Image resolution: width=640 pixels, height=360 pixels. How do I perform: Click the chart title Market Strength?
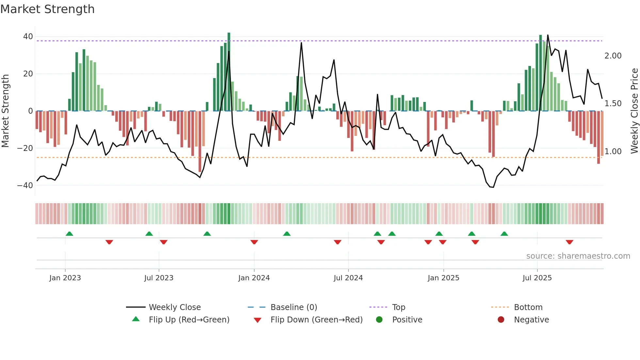47,9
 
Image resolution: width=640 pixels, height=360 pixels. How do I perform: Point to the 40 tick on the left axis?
28,37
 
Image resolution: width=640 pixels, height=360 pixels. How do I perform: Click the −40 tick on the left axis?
25,186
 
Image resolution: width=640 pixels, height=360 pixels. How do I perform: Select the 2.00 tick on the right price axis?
613,56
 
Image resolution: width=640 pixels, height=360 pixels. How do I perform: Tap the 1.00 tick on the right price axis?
613,152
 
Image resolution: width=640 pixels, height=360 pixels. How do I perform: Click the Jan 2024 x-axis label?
254,278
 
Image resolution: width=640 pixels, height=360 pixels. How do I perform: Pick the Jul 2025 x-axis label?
537,278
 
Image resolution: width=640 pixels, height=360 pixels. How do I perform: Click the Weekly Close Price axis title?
634,111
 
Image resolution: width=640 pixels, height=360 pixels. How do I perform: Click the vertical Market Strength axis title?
6,111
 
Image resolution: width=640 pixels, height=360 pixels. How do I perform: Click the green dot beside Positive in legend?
379,320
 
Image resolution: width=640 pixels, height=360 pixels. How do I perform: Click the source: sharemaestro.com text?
578,256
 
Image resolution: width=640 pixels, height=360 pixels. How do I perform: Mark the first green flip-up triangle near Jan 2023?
69,234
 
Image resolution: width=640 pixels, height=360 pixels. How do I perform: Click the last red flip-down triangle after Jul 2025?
569,242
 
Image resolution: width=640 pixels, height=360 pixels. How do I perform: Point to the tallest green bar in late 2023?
229,72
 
